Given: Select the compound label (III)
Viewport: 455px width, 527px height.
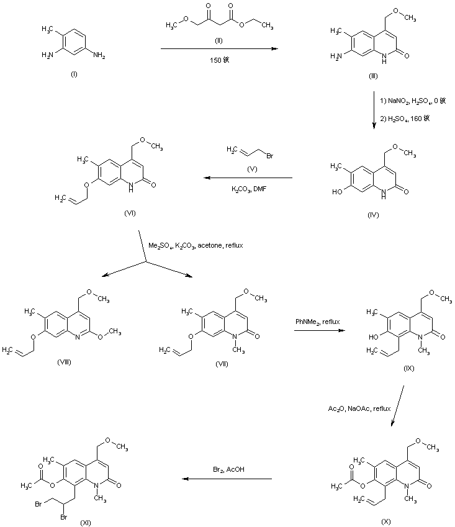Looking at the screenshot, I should pyautogui.click(x=372, y=76).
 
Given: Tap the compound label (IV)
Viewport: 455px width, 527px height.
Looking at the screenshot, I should pyautogui.click(x=372, y=215).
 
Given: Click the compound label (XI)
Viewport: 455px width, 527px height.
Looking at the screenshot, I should pyautogui.click(x=86, y=523).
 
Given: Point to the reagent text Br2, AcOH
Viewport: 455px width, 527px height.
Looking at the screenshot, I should pyautogui.click(x=227, y=469).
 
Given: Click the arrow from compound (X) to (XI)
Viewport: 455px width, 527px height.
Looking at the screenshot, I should pyautogui.click(x=227, y=479).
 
